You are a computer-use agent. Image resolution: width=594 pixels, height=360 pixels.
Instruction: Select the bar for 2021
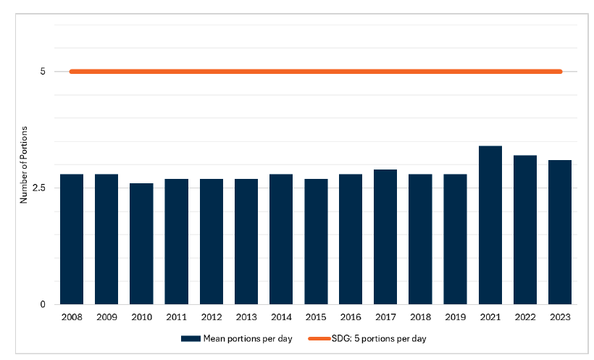[490, 225]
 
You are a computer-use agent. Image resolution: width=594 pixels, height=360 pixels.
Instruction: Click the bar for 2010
[141, 243]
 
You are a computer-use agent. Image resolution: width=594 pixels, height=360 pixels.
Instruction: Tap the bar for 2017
[385, 237]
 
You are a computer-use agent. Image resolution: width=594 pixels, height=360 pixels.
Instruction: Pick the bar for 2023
[560, 232]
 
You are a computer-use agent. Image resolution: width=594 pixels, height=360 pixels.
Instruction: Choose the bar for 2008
[72, 239]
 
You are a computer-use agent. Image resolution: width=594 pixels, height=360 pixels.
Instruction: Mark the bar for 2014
[281, 239]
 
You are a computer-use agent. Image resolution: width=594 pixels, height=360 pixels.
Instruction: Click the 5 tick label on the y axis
[43, 72]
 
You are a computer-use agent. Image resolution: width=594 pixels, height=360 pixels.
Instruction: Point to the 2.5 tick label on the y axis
[40, 188]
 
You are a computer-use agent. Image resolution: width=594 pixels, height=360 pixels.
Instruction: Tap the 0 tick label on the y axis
[43, 305]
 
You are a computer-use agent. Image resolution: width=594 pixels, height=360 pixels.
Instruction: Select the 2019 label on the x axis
[455, 317]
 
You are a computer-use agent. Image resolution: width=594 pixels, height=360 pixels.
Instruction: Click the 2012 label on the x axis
[211, 317]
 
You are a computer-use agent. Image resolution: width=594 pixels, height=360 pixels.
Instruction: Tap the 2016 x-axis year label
[351, 317]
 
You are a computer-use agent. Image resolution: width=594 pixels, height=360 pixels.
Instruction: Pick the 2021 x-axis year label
[490, 317]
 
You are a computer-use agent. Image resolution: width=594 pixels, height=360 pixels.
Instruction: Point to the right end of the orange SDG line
[560, 72]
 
